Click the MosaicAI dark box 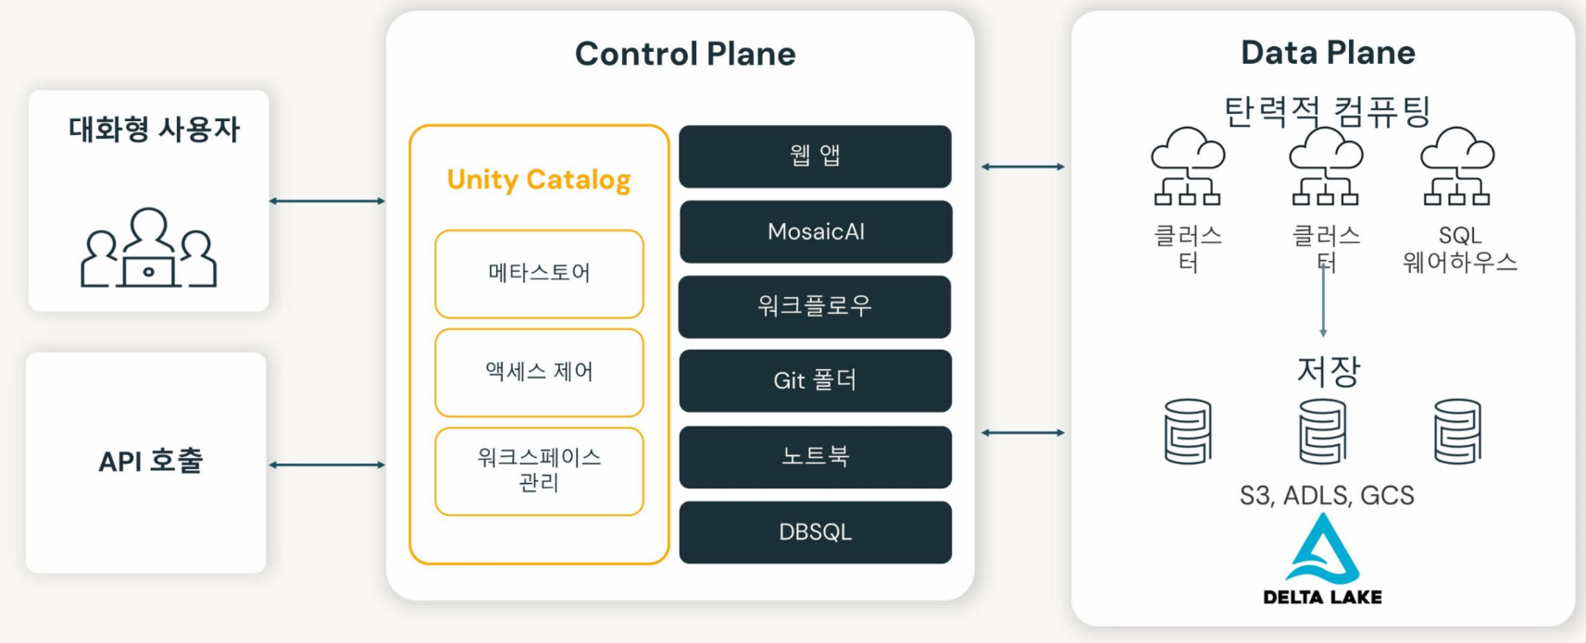click(x=816, y=231)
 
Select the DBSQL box click(x=816, y=532)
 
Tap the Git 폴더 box click(x=816, y=380)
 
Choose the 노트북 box click(x=816, y=456)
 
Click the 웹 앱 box click(x=816, y=155)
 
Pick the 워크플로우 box click(x=816, y=306)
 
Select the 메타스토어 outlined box click(x=539, y=273)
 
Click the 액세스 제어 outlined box click(x=539, y=372)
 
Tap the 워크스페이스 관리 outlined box click(x=539, y=470)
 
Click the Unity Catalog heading click(x=539, y=179)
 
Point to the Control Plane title click(x=685, y=54)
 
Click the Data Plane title click(x=1328, y=53)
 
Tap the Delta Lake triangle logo click(x=1323, y=550)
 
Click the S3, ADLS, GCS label click(x=1327, y=496)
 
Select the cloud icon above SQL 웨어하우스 click(x=1457, y=165)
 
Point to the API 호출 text click(x=150, y=461)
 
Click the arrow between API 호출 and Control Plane click(x=327, y=464)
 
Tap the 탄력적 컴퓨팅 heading click(x=1327, y=112)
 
